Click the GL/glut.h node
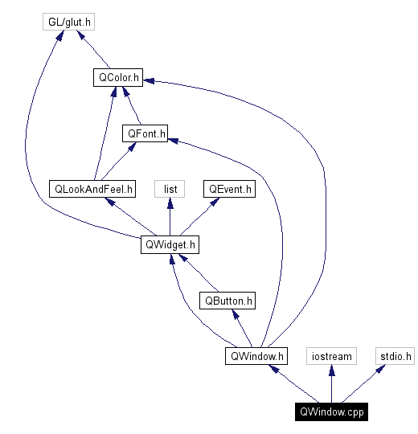(x=70, y=22)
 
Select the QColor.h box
(x=117, y=78)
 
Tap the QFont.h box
(x=145, y=133)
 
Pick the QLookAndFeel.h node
(x=92, y=189)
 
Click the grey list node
(x=170, y=189)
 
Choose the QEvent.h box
(x=229, y=189)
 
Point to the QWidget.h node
(x=169, y=244)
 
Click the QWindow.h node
(x=256, y=355)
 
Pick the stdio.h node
(x=395, y=355)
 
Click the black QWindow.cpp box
(x=331, y=411)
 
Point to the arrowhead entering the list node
(x=170, y=203)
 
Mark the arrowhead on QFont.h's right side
(x=173, y=139)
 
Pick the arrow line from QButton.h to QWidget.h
(x=199, y=273)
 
